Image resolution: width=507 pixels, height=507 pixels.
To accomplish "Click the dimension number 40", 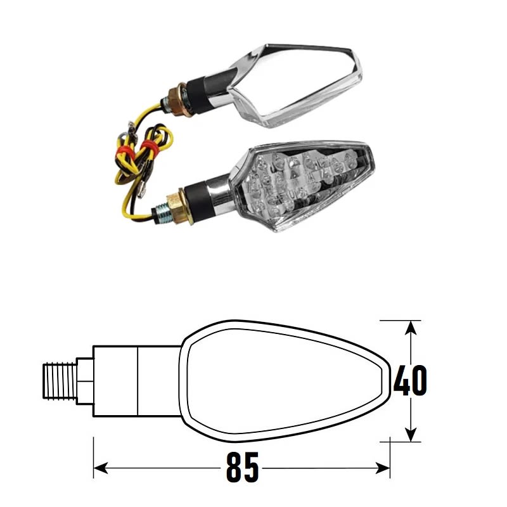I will [x=410, y=380].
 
